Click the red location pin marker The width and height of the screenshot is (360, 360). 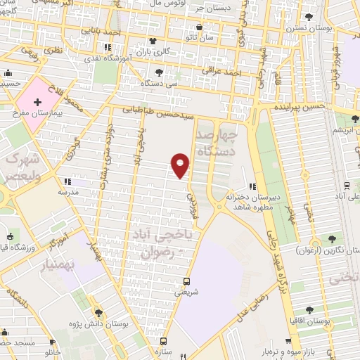[x=181, y=165]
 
